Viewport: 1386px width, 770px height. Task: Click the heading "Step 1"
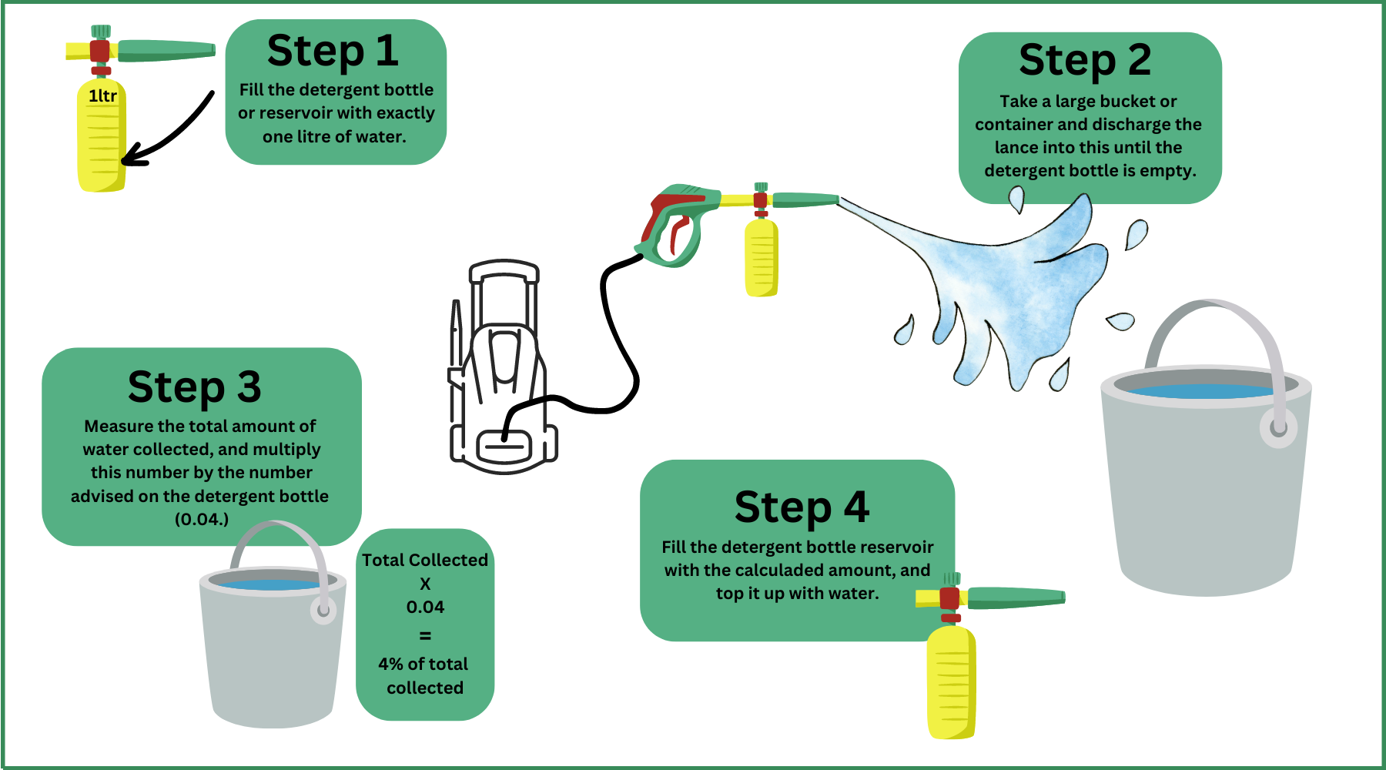coord(333,51)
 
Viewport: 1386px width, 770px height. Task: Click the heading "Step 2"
coord(1085,60)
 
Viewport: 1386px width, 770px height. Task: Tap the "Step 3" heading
coord(195,387)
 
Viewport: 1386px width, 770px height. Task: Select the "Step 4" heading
coord(802,507)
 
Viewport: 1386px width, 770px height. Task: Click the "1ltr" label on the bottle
coord(102,95)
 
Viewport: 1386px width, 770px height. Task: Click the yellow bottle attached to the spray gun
coord(762,257)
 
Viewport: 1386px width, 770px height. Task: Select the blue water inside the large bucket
coord(1201,391)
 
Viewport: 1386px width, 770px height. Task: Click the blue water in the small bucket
coord(269,584)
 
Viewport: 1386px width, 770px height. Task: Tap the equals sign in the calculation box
coord(425,636)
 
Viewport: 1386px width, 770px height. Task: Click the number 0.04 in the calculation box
coord(425,607)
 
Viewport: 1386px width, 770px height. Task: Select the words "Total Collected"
coord(425,560)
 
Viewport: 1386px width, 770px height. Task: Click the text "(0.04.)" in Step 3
coord(202,519)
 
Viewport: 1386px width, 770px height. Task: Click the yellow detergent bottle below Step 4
coord(952,682)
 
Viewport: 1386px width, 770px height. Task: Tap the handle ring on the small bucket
coord(323,611)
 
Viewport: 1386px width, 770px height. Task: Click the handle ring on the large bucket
coord(1278,428)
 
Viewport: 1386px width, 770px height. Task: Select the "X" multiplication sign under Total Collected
coord(425,584)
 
